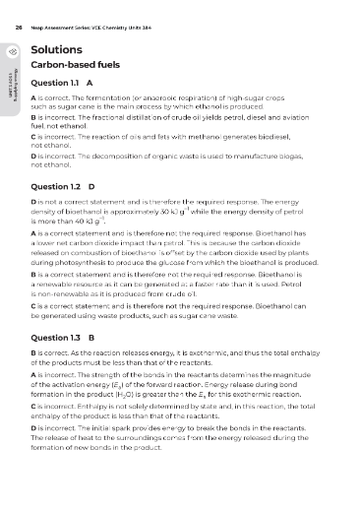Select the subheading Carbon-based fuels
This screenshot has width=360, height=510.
80,66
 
